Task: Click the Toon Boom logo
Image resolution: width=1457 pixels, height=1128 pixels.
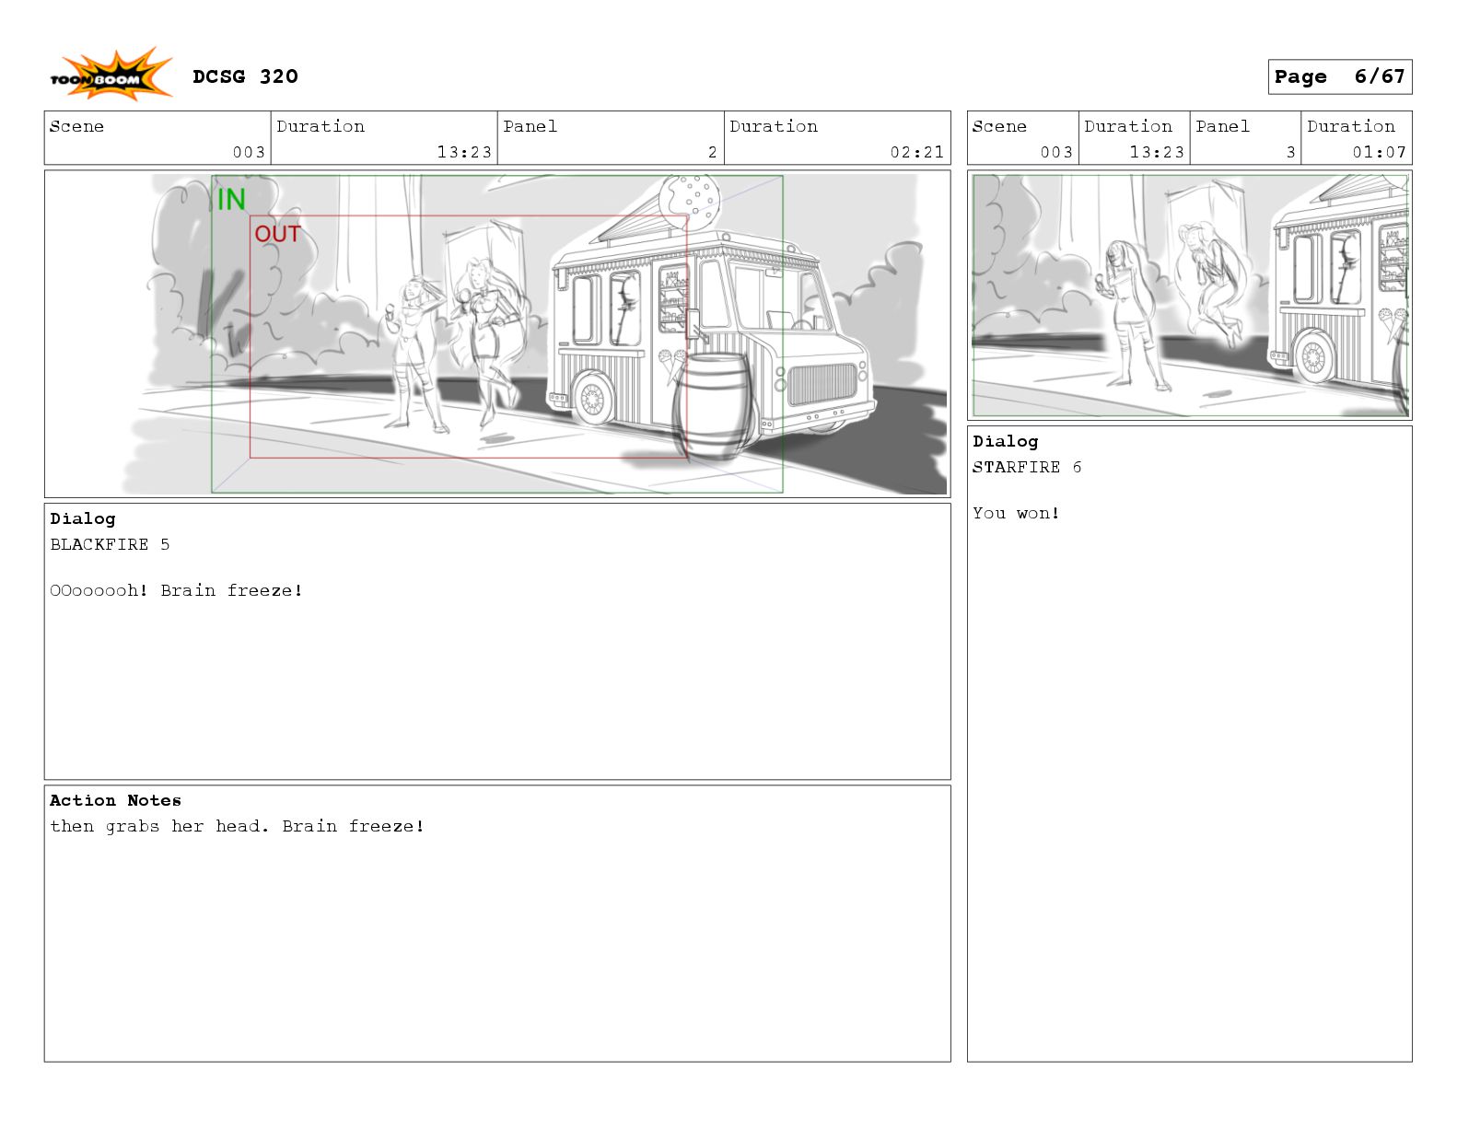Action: coord(111,75)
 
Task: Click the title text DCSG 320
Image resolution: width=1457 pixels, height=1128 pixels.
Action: coord(245,76)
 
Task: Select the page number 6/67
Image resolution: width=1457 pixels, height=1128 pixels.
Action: coord(1379,76)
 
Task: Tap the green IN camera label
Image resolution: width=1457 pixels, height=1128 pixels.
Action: coord(231,199)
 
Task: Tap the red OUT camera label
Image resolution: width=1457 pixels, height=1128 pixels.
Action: coord(277,234)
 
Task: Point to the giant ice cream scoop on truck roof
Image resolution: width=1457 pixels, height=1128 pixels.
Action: coord(689,201)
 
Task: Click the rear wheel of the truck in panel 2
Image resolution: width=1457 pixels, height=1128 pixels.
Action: coord(592,399)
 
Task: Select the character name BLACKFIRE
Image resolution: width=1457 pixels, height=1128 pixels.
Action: coord(99,544)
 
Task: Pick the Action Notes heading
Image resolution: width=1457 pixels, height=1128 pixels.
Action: coord(115,800)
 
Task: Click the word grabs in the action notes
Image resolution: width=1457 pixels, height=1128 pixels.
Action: coord(132,826)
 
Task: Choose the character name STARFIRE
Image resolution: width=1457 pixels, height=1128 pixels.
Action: coord(1016,467)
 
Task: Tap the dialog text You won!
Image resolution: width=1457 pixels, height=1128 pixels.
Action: coord(1016,514)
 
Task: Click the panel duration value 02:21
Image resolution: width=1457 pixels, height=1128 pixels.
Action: coord(916,153)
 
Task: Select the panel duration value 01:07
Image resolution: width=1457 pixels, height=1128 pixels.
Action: coord(1379,153)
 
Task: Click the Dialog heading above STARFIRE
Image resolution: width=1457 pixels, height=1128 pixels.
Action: coord(1005,441)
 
